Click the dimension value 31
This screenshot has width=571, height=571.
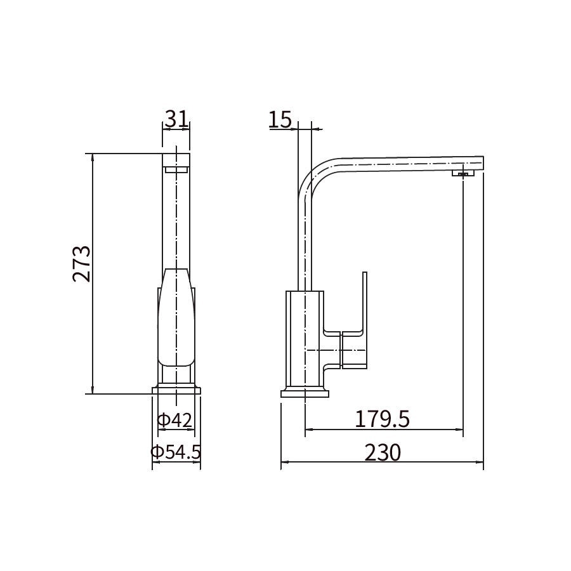[x=176, y=119]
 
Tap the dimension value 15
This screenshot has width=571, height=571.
[x=280, y=119]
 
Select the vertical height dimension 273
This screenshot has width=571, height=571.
[x=82, y=264]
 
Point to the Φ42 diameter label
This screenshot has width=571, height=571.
[x=174, y=421]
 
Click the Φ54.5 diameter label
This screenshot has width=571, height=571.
[x=176, y=452]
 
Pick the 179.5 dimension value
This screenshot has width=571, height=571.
[x=383, y=419]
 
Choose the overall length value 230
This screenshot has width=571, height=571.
[x=383, y=452]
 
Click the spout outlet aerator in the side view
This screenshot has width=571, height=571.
[x=463, y=173]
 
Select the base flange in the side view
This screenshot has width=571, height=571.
[x=305, y=393]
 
